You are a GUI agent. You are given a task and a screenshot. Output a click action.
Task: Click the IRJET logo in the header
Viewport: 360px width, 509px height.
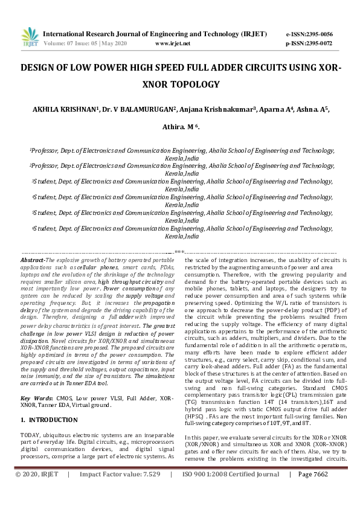28,38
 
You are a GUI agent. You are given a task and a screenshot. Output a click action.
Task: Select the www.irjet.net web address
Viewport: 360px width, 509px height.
173,44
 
